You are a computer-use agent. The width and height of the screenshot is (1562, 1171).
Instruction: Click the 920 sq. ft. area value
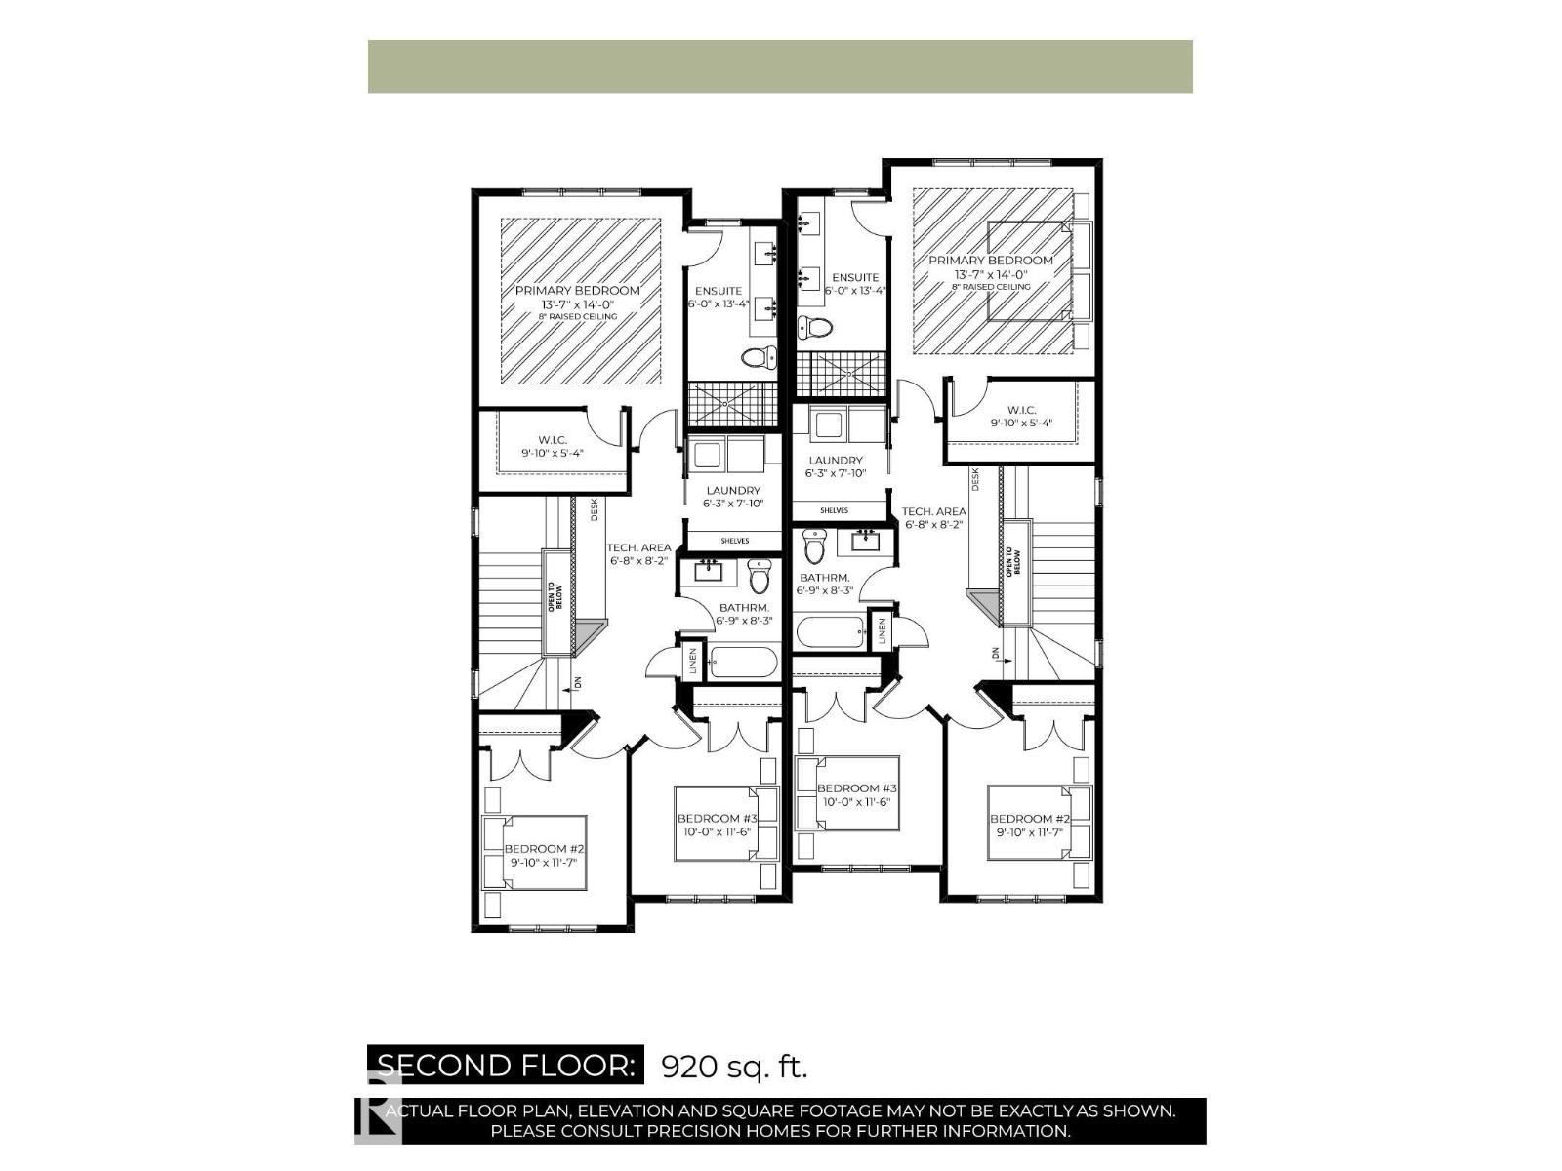[x=734, y=1066]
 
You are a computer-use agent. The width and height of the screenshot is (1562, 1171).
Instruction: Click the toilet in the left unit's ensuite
[x=758, y=358]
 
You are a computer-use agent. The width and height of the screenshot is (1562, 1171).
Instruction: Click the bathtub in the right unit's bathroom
[x=831, y=631]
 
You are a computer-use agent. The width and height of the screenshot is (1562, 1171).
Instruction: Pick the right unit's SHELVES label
[x=834, y=510]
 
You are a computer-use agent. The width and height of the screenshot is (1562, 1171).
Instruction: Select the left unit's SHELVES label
[x=734, y=541]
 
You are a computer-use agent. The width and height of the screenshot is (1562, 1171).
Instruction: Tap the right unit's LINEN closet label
[x=882, y=630]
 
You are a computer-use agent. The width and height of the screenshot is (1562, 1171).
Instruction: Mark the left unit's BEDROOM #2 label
[x=543, y=849]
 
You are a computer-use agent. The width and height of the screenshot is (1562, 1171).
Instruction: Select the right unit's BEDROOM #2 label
[x=1030, y=819]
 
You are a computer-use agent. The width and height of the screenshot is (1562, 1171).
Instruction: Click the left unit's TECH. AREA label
[x=639, y=548]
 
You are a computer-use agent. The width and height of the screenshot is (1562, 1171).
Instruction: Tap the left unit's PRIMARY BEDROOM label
[x=578, y=291]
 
